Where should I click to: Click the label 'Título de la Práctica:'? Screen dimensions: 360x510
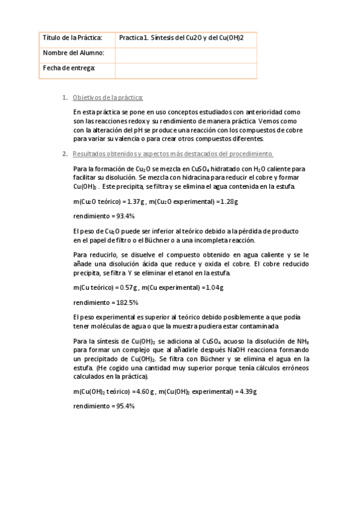coord(72,38)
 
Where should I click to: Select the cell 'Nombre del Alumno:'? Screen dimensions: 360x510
coord(73,53)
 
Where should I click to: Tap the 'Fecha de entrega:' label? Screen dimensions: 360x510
coord(70,68)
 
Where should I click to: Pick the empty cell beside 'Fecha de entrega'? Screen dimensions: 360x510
coord(185,70)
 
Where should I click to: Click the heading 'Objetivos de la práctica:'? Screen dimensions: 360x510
coord(108,97)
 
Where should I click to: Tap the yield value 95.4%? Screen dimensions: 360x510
coord(122,406)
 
